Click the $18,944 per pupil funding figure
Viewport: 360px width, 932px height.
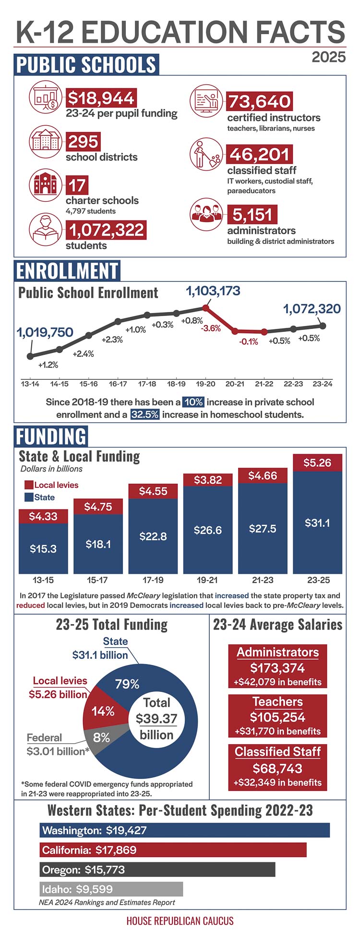click(101, 98)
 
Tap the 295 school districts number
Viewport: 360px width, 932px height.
click(83, 142)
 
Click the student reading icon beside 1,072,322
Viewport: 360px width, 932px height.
click(45, 229)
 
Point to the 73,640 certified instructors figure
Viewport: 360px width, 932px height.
click(259, 101)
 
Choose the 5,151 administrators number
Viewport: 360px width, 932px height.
click(252, 215)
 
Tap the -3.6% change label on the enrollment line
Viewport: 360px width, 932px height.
click(211, 328)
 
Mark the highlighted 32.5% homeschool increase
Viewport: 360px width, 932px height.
click(145, 414)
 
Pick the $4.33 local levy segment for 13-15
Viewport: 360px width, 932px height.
click(43, 516)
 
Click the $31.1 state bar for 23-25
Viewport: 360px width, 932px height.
click(317, 522)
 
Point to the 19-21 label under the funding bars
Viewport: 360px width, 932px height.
click(207, 580)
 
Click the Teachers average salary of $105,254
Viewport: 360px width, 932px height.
click(277, 717)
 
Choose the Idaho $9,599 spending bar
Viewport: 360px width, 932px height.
click(111, 889)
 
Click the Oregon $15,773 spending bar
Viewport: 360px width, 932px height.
click(157, 870)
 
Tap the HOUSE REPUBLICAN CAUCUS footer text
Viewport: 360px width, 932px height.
click(180, 921)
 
